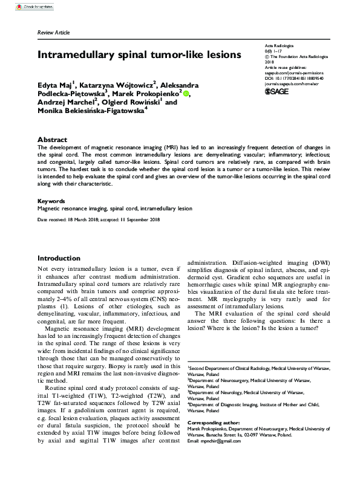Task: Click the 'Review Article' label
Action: pos(53,32)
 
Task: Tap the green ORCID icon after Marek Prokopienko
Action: pos(186,93)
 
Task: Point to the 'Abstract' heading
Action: pos(52,138)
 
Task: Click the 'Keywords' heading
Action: pos(51,200)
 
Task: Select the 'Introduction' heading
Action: pos(59,258)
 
